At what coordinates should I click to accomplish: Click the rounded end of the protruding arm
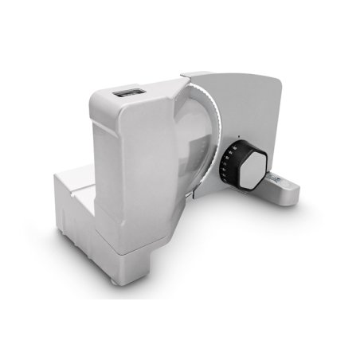point(296,190)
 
